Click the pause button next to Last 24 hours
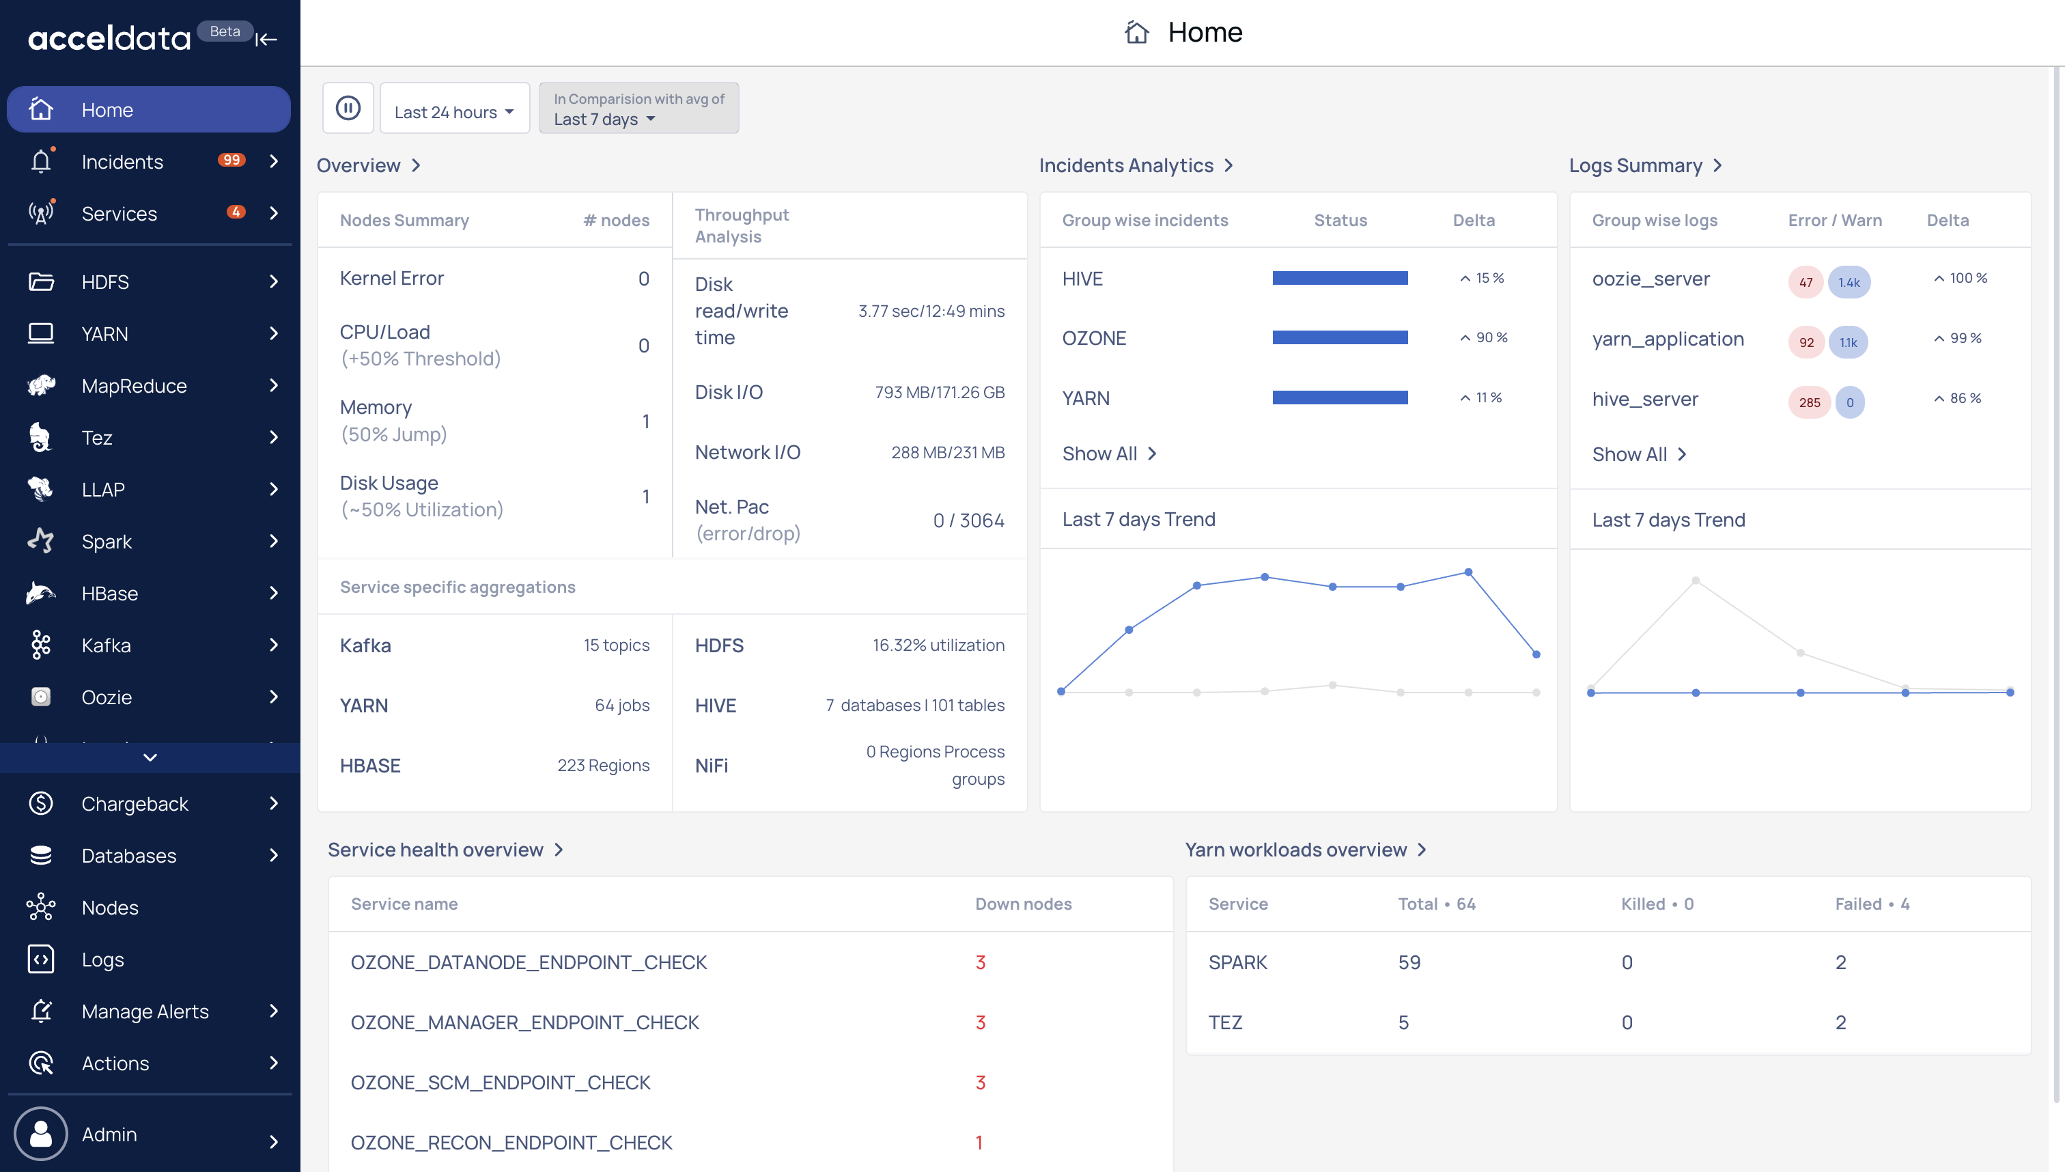[x=348, y=108]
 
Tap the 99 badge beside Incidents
[x=231, y=161]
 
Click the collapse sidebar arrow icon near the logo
[x=266, y=39]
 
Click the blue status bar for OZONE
[x=1340, y=337]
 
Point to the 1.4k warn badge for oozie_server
[x=1849, y=281]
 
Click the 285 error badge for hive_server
[x=1809, y=402]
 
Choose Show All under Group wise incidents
[x=1109, y=454]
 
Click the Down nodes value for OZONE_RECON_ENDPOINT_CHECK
[x=979, y=1142]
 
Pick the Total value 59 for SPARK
[x=1409, y=962]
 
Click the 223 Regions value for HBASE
[x=604, y=766]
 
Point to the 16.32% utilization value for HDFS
[x=938, y=645]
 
